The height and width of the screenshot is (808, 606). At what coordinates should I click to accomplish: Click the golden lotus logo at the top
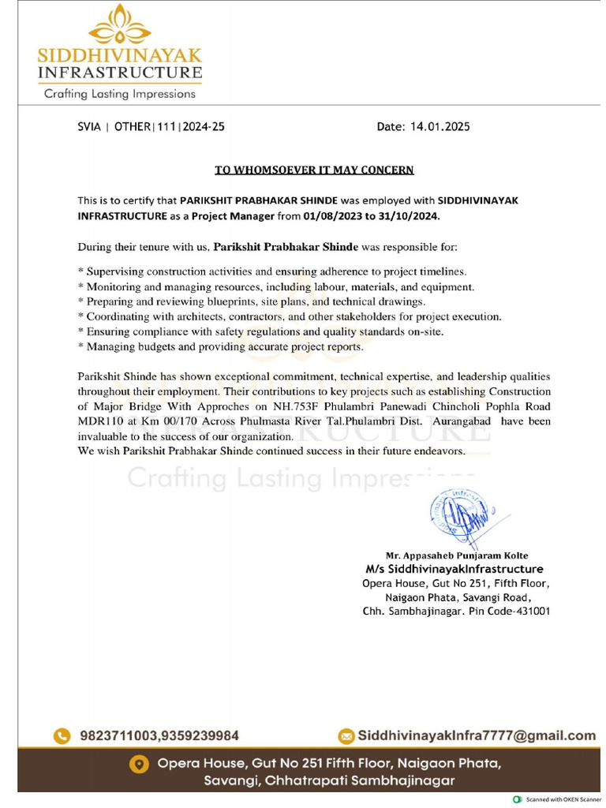coord(119,26)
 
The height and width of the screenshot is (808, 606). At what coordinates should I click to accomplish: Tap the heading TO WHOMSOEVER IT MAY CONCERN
coord(314,170)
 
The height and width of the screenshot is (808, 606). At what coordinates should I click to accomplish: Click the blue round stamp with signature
coord(458,517)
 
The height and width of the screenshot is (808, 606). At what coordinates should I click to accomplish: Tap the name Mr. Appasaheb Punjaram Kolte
coord(456,555)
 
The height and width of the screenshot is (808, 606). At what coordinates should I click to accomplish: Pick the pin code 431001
coord(531,612)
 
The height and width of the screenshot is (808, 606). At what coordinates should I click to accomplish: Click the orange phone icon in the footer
coord(62,735)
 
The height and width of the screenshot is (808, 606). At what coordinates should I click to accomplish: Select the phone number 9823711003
coord(118,735)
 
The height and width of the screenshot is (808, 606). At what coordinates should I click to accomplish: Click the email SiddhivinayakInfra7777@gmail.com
coord(477,735)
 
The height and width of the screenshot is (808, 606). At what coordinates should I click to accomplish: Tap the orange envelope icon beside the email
coord(346,735)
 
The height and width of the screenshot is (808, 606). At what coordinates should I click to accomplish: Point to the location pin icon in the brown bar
coord(139,765)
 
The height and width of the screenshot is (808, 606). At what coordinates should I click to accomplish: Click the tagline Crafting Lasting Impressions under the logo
coord(119,93)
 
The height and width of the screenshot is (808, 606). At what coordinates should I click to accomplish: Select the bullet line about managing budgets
coord(220,346)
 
